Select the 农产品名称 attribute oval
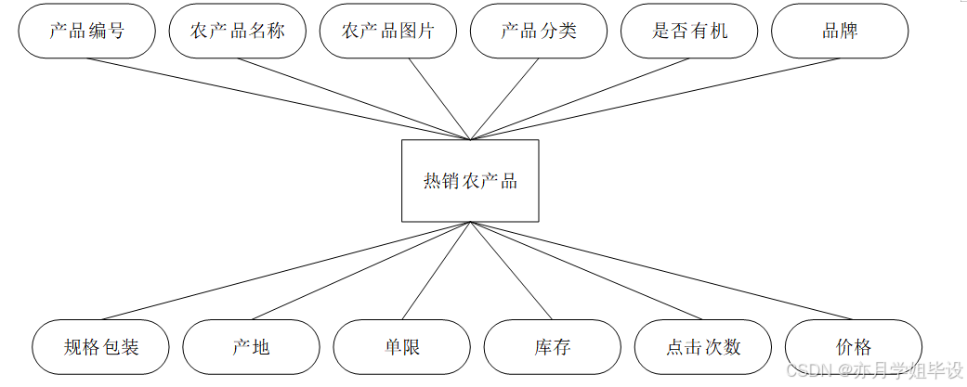click(x=238, y=31)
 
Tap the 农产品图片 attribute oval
click(x=388, y=31)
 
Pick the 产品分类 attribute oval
click(x=539, y=31)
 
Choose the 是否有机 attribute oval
click(x=689, y=31)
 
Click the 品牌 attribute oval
click(x=840, y=31)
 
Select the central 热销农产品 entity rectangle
click(x=470, y=181)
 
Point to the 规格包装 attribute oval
click(x=101, y=347)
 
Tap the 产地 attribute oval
click(x=251, y=347)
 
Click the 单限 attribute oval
click(x=401, y=347)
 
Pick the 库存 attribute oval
click(x=552, y=347)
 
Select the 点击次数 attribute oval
click(x=702, y=347)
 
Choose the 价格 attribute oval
click(x=853, y=347)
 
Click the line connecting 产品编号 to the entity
click(x=279, y=99)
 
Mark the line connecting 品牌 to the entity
click(x=655, y=99)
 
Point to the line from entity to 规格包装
click(x=287, y=271)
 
